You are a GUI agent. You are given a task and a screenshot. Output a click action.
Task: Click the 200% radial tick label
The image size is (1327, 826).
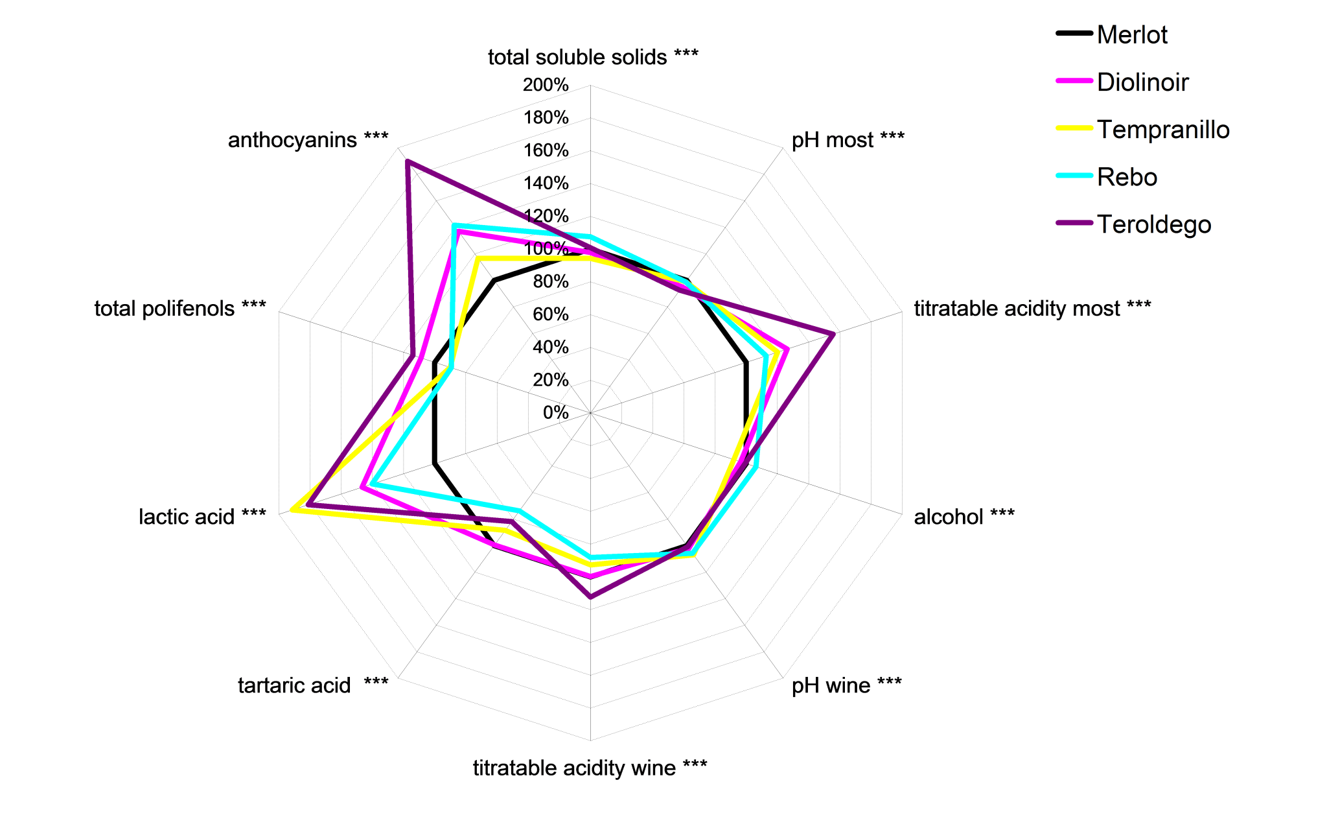(546, 85)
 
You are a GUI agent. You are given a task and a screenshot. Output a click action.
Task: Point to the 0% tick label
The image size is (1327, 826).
(555, 412)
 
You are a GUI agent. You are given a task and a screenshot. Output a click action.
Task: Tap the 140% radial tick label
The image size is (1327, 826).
(546, 183)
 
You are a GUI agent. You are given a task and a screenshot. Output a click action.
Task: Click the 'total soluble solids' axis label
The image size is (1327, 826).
(593, 57)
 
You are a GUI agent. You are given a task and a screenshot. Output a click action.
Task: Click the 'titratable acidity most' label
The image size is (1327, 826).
(1032, 308)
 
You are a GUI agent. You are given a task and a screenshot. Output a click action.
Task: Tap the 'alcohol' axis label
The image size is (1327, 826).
(964, 517)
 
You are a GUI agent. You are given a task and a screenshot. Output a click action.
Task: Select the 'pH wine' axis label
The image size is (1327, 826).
(846, 685)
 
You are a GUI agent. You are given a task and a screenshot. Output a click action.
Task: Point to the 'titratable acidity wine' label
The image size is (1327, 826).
(590, 768)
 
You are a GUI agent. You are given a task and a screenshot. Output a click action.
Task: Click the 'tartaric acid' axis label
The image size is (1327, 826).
(313, 685)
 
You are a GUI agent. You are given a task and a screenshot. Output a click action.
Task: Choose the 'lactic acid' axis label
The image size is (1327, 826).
(202, 517)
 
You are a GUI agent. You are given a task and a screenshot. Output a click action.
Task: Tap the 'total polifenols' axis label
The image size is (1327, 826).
(180, 308)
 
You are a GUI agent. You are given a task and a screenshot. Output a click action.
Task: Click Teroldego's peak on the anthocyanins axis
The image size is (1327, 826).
(407, 161)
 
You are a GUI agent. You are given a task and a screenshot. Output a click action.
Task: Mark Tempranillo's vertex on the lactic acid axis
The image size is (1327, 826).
(293, 510)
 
